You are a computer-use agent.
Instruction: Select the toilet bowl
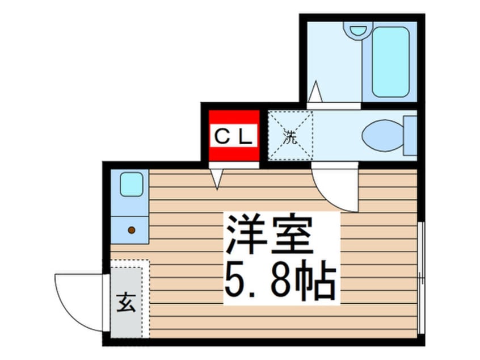coord(382,135)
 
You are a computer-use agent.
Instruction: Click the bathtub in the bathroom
coord(390,62)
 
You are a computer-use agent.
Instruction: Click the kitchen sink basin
coord(132,184)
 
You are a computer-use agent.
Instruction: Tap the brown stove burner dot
coord(132,230)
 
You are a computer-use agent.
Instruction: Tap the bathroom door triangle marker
coord(315,91)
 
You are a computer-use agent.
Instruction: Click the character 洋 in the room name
coord(245,235)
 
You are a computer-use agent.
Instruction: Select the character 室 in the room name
coord(293,235)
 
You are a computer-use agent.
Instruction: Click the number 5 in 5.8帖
coord(235,281)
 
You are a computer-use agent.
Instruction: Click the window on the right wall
coord(421,278)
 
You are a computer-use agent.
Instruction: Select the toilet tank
coord(410,135)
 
